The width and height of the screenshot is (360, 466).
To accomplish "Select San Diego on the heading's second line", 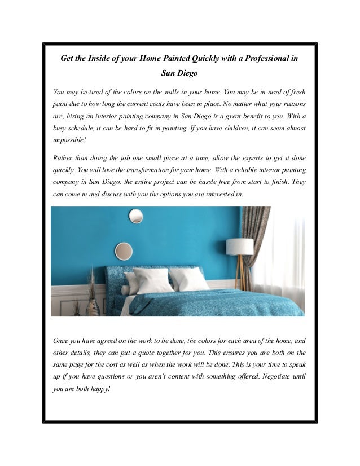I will click(x=179, y=73).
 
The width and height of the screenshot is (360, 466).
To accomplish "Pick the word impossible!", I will click(x=69, y=141).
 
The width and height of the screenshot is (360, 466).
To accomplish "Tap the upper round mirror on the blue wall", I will click(x=135, y=216).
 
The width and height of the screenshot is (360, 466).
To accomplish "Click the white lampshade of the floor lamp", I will click(x=239, y=247).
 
